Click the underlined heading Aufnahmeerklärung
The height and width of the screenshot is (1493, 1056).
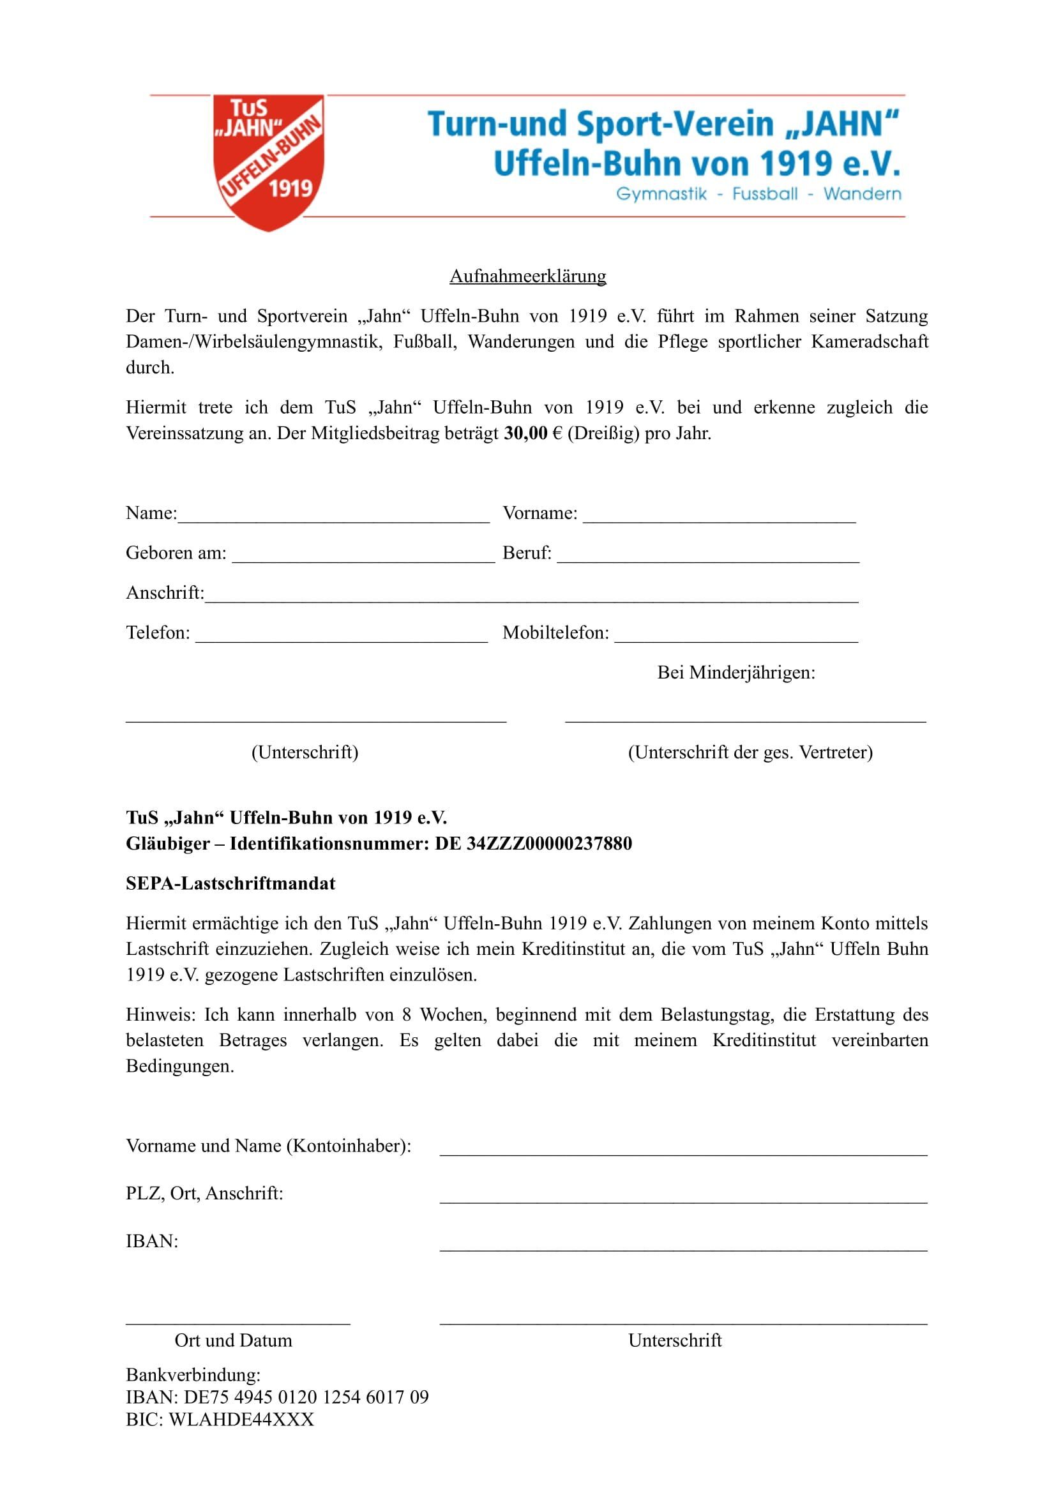[x=527, y=276]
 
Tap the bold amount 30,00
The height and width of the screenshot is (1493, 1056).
[x=525, y=433]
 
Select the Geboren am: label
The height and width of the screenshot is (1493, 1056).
[x=176, y=553]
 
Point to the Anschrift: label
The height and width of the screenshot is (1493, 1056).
[x=165, y=593]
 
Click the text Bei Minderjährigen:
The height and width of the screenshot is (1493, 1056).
[x=736, y=672]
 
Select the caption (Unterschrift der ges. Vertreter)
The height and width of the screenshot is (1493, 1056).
[x=750, y=753]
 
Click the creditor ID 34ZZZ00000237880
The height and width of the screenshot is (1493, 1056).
[x=550, y=844]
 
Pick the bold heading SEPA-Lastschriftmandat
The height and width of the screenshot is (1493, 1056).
[x=231, y=883]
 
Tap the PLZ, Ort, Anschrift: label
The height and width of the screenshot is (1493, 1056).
[x=204, y=1194]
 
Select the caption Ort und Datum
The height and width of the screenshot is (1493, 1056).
[x=234, y=1341]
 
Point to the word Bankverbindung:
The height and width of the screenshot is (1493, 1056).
[x=193, y=1376]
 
